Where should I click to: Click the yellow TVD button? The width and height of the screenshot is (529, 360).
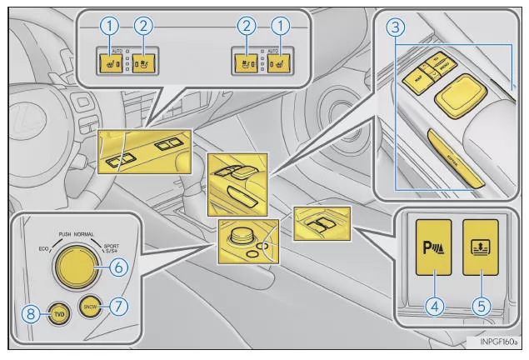click(59, 315)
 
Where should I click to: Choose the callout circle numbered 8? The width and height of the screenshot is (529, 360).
click(29, 315)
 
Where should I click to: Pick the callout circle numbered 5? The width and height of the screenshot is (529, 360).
click(480, 305)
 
